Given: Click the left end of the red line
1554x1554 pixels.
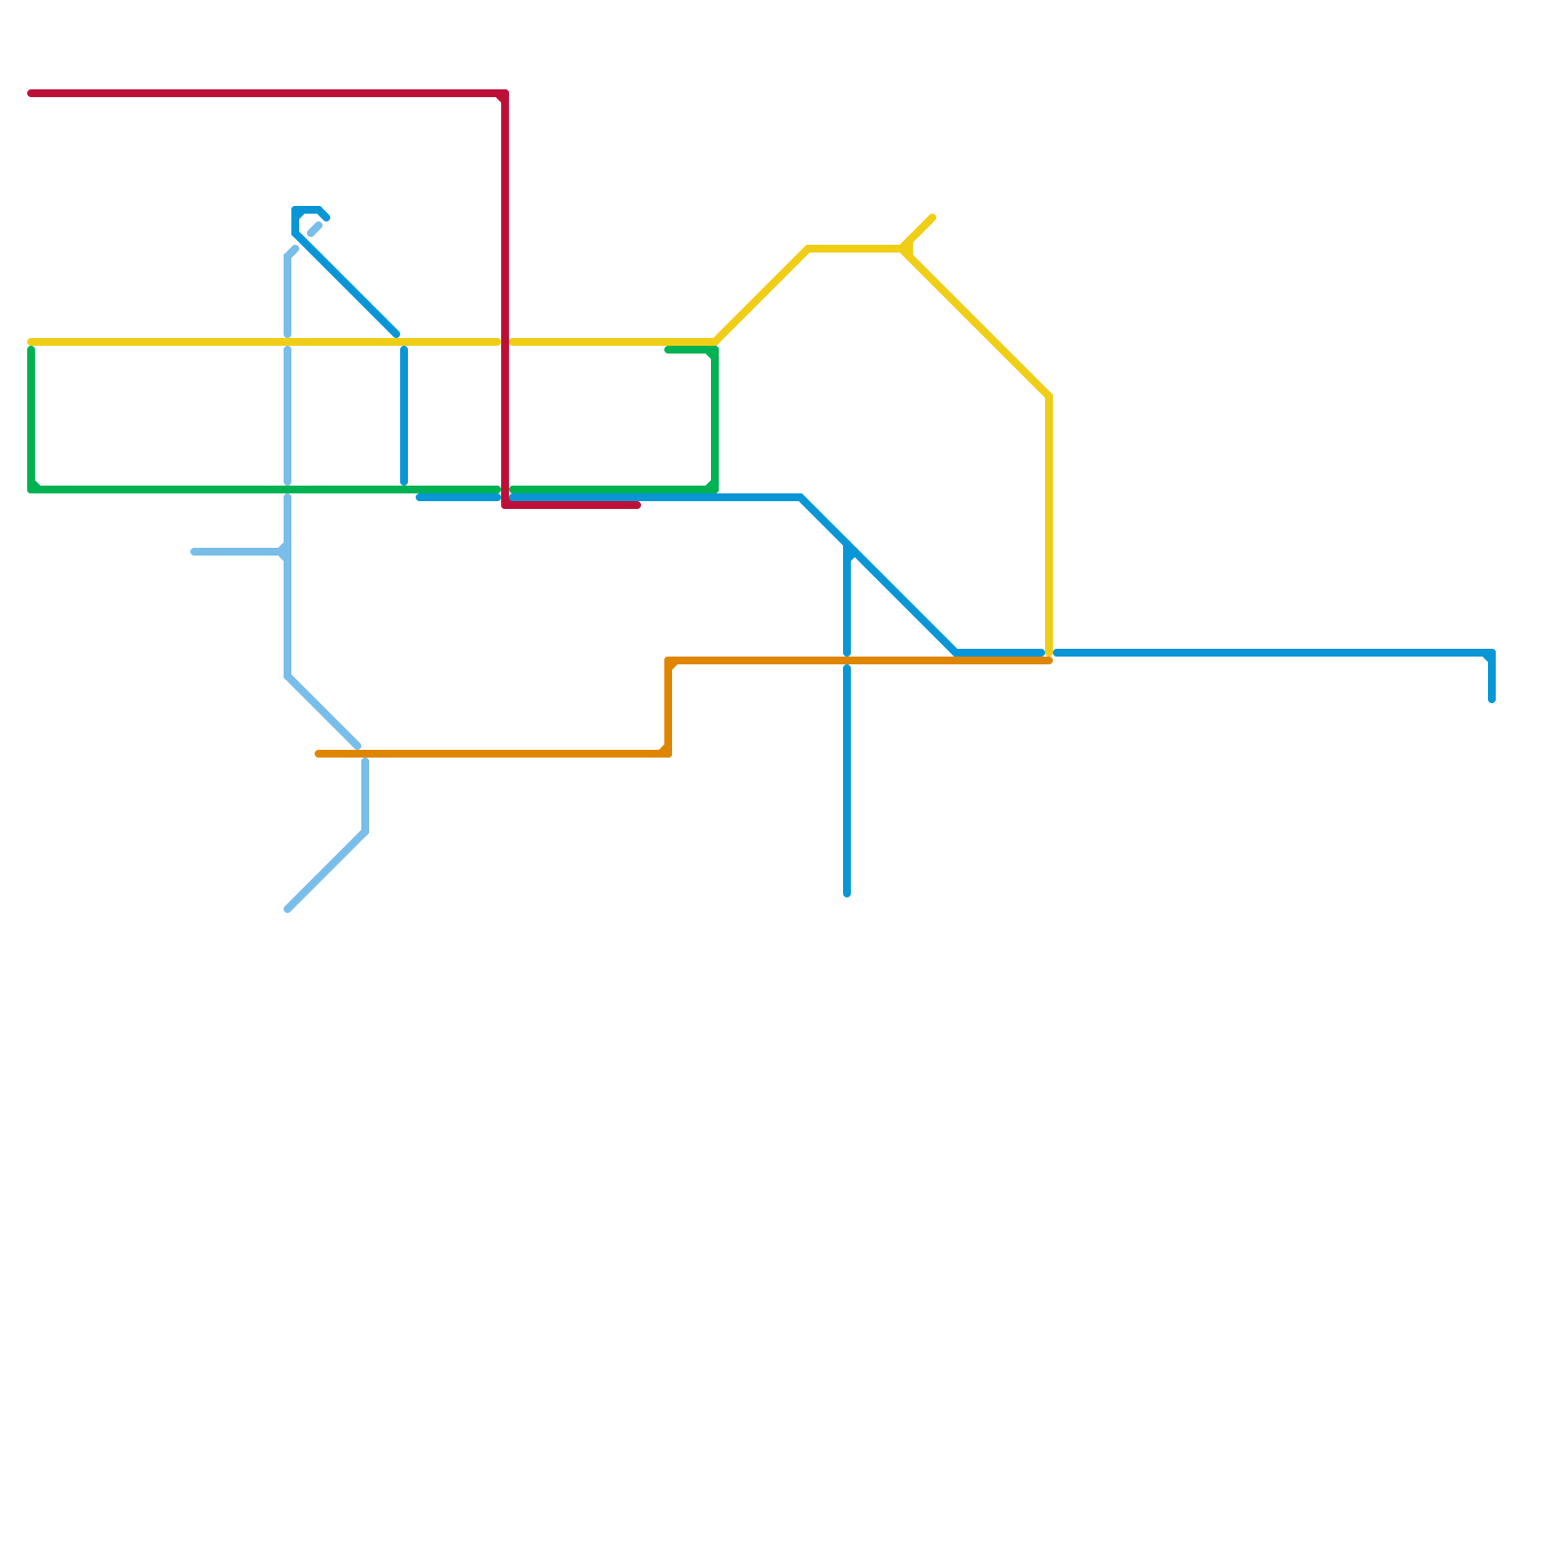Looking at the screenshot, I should [31, 93].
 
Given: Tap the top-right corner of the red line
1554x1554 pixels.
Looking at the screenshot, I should [505, 94].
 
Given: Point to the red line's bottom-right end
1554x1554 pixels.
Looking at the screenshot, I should [638, 505].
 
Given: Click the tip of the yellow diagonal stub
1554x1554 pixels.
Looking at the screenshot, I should [932, 218].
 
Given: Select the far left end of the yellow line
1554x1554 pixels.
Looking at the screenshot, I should [31, 342].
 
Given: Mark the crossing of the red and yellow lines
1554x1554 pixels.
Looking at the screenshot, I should [505, 342].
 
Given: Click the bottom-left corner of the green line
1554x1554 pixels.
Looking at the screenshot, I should [32, 490].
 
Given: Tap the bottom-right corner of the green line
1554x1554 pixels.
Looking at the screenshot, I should [715, 489].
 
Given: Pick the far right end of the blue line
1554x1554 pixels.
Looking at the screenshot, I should [1492, 699].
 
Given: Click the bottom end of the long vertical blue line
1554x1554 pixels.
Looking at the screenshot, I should [847, 894].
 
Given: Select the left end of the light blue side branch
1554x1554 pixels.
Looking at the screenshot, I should [194, 552].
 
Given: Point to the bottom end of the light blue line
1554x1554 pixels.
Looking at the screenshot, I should [287, 910].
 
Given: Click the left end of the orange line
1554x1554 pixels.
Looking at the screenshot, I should [319, 754].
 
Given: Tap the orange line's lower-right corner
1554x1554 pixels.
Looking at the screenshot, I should [668, 754].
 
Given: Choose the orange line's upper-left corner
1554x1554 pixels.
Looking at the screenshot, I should [669, 661].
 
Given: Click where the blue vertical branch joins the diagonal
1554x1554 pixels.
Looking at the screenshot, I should [848, 550].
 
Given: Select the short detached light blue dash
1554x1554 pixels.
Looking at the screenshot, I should [315, 229].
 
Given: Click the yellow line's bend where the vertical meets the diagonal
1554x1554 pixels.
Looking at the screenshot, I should [1049, 396].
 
